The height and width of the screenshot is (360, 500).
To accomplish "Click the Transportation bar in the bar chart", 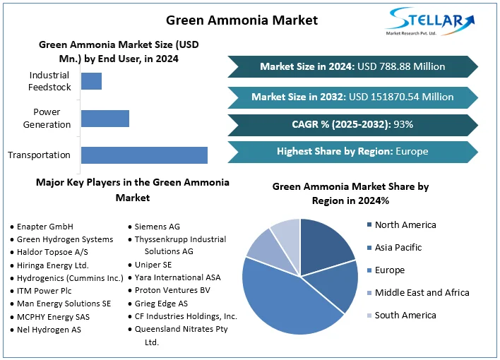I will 144,155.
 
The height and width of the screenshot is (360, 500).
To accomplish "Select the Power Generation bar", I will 105,119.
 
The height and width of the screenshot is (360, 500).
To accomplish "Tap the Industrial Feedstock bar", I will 92,81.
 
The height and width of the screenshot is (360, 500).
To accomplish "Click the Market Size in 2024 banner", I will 352,66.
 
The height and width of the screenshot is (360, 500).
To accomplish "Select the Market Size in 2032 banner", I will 352,97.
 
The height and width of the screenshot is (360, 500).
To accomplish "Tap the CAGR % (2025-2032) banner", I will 352,125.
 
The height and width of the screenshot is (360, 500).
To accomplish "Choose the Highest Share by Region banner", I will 352,151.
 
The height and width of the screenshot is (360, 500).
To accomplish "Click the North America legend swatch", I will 369,225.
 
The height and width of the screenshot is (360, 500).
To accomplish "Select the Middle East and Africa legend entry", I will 422,293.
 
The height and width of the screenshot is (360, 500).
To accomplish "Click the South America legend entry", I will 405,316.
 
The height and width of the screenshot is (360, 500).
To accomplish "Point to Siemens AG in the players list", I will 157,227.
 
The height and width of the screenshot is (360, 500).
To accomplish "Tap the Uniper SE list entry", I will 153,265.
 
